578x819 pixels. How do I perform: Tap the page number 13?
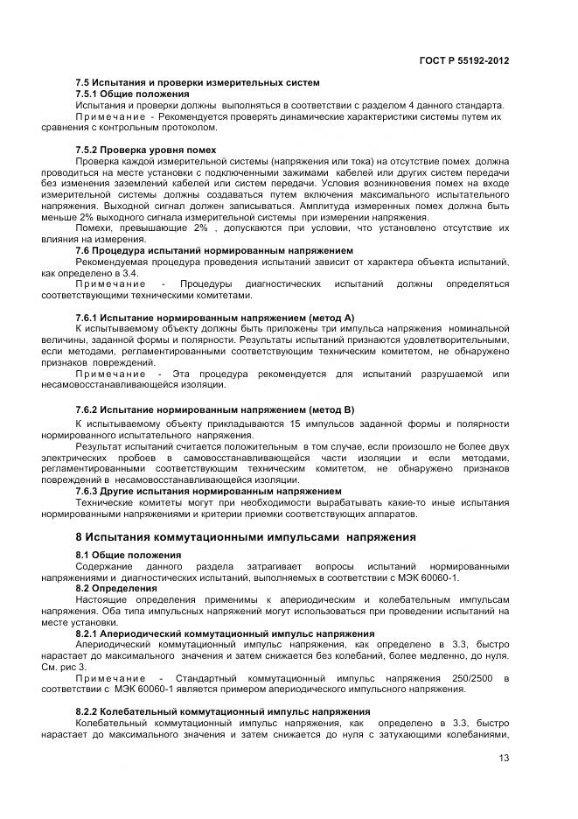point(503,758)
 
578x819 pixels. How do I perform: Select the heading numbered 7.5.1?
point(132,94)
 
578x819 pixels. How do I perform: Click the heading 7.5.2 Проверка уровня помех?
point(146,150)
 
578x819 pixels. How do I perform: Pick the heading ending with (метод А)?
point(215,316)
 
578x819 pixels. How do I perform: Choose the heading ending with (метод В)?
point(215,409)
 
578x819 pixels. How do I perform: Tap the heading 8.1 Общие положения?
point(129,555)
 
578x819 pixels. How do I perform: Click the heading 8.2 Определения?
point(116,589)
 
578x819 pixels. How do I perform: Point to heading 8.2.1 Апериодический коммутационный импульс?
point(226,633)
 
